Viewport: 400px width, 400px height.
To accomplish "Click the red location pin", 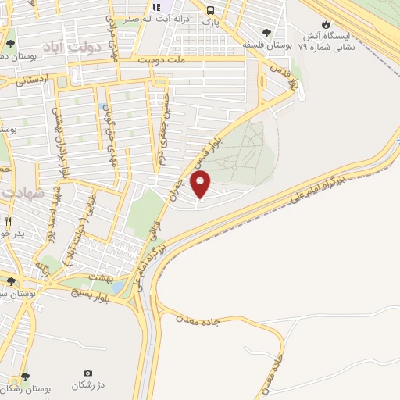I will (x=201, y=186).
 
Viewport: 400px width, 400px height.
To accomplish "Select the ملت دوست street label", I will (x=162, y=59).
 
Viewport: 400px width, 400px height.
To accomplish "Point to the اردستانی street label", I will (x=33, y=79).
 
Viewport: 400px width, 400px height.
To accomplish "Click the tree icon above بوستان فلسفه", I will (x=267, y=33).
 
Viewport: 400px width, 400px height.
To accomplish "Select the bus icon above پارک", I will (x=211, y=10).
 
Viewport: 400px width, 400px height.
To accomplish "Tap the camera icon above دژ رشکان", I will (x=87, y=373).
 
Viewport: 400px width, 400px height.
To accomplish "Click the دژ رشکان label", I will (x=87, y=386).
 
